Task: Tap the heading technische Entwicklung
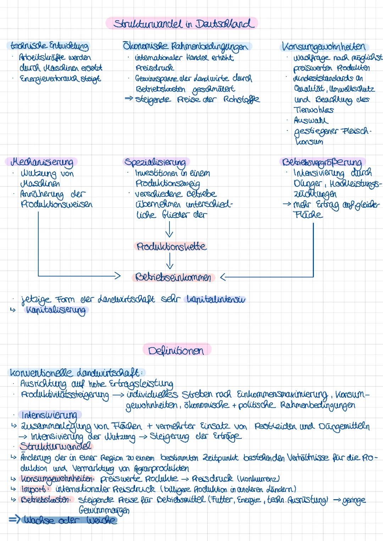coord(48,46)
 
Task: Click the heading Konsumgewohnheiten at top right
coord(324,46)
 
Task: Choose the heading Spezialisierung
coord(155,162)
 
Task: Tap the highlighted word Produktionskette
coord(171,246)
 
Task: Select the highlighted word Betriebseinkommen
coord(174,277)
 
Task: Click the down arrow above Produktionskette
coord(170,229)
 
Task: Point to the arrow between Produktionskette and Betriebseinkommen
coord(170,262)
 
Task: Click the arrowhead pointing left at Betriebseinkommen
coord(223,277)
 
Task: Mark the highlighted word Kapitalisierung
coord(56,310)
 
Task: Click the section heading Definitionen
coord(176,351)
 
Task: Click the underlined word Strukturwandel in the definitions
coord(55,446)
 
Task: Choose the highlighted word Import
coord(33,489)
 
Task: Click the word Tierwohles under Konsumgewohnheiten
coord(313,110)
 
